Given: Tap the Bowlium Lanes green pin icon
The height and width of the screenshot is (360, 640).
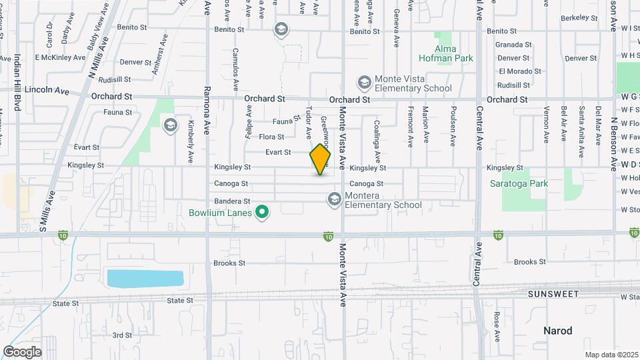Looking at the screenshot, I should [x=263, y=213].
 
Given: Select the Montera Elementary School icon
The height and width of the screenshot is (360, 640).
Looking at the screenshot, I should [x=334, y=199].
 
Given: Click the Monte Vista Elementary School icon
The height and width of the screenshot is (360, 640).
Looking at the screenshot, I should [x=364, y=82].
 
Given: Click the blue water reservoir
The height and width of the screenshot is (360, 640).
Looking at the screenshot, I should [x=145, y=278].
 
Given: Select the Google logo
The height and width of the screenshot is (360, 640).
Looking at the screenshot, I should [x=22, y=352].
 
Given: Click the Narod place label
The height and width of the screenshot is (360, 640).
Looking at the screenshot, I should [x=557, y=331].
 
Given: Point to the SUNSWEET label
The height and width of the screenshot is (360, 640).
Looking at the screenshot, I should [x=551, y=294].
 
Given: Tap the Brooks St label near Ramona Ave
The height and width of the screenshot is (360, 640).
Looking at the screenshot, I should [x=230, y=263].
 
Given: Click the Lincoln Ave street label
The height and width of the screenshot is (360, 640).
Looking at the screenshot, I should [x=47, y=90].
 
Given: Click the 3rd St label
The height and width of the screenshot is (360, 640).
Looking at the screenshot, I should [x=122, y=335].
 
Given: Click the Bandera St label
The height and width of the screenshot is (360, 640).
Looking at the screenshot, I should [x=232, y=201].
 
